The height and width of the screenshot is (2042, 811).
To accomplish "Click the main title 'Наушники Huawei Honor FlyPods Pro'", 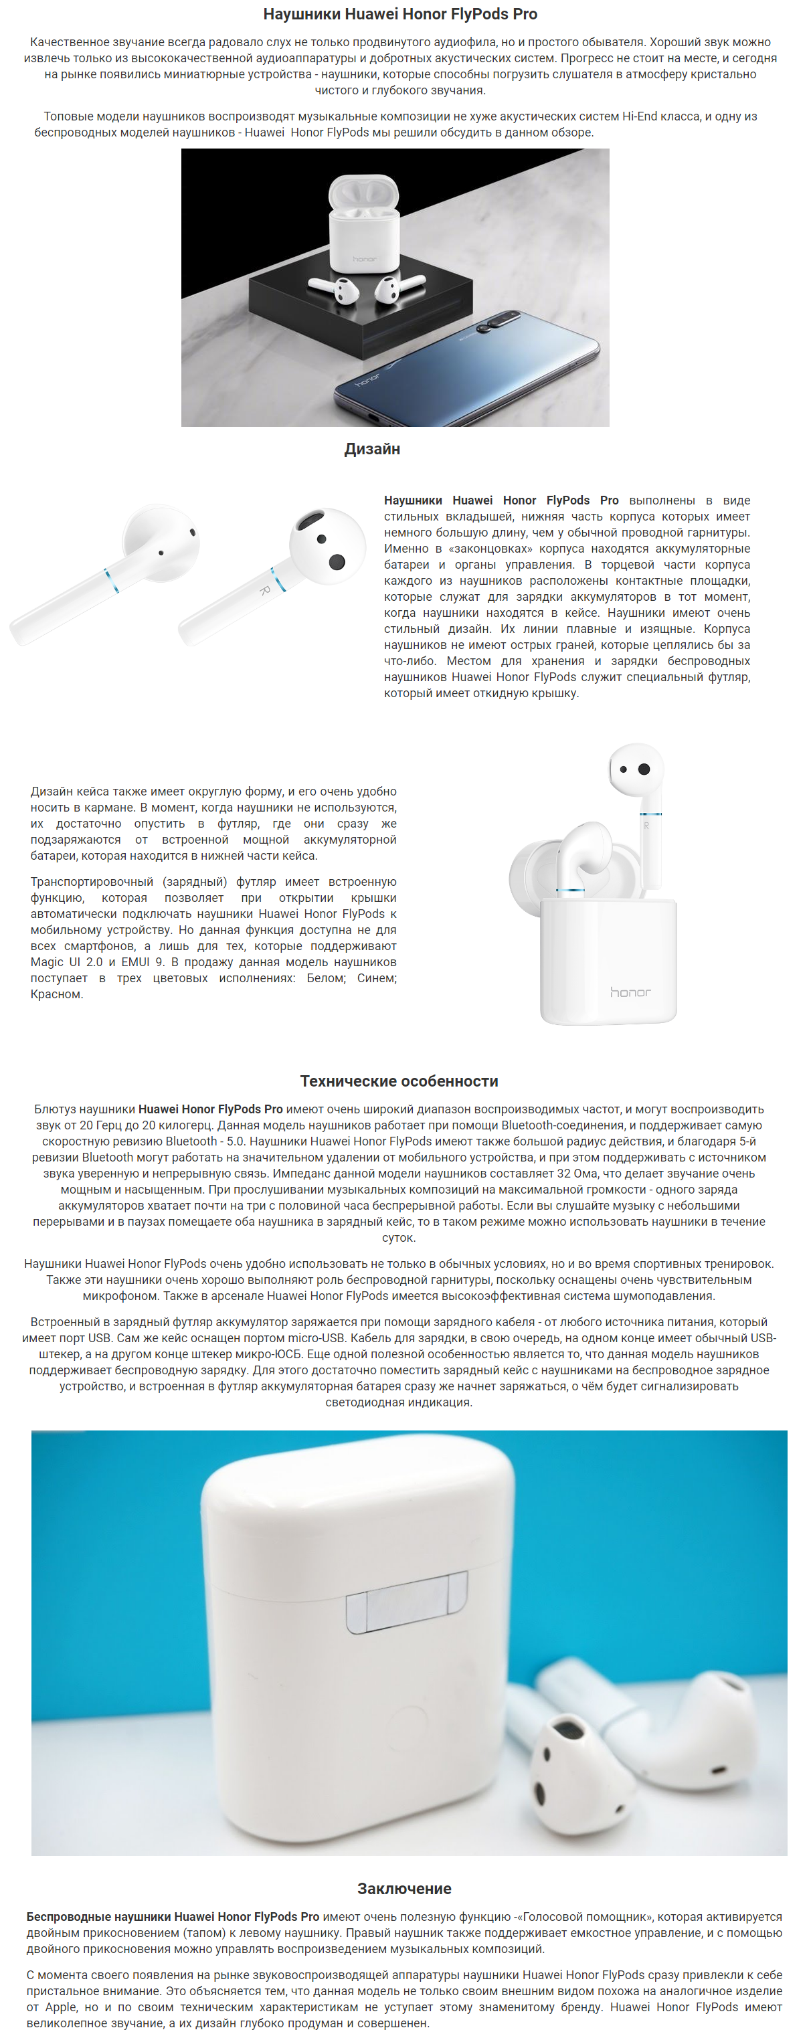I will pos(399,14).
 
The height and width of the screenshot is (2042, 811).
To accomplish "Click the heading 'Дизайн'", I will pos(372,450).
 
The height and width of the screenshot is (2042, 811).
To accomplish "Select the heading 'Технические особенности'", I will pos(399,1081).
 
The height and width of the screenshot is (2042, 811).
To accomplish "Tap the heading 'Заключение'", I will pos(404,1888).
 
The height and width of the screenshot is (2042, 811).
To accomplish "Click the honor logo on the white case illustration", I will pos(630,992).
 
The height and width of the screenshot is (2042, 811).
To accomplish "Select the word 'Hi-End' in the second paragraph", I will pos(640,116).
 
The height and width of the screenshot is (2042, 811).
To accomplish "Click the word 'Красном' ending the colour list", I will pos(56,995).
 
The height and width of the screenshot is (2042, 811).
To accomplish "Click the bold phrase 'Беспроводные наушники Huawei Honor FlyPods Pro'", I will pos(173,1917).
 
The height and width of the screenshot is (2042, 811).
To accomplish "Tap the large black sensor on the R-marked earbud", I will pos(337,561).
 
